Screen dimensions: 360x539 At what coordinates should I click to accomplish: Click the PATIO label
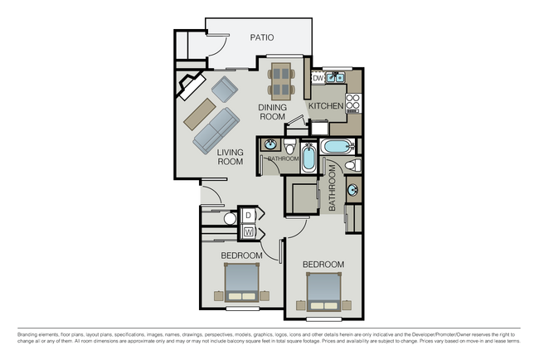click(x=262, y=37)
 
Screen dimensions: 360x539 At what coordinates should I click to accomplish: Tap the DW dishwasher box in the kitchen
click(x=318, y=78)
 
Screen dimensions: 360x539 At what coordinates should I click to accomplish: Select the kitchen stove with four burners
click(x=352, y=102)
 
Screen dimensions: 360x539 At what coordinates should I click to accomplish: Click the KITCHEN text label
click(x=325, y=107)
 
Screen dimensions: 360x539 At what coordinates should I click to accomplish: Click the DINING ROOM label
click(x=272, y=112)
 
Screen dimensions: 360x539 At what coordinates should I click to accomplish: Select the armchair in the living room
click(x=225, y=88)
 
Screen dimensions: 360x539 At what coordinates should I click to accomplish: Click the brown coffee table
click(x=199, y=112)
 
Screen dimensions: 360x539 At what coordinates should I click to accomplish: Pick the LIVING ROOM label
click(x=230, y=158)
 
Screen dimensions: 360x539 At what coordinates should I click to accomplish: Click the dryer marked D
click(x=247, y=216)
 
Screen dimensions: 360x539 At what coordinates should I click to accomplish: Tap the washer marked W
click(x=247, y=231)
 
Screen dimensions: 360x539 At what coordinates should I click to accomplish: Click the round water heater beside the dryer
click(x=231, y=220)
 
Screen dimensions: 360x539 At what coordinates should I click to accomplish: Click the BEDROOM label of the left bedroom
click(x=241, y=255)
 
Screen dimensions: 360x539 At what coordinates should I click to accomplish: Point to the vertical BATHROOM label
click(x=333, y=187)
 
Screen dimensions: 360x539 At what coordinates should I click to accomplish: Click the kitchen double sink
click(x=335, y=79)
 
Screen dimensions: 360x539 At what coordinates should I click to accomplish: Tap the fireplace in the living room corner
click(x=190, y=85)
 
